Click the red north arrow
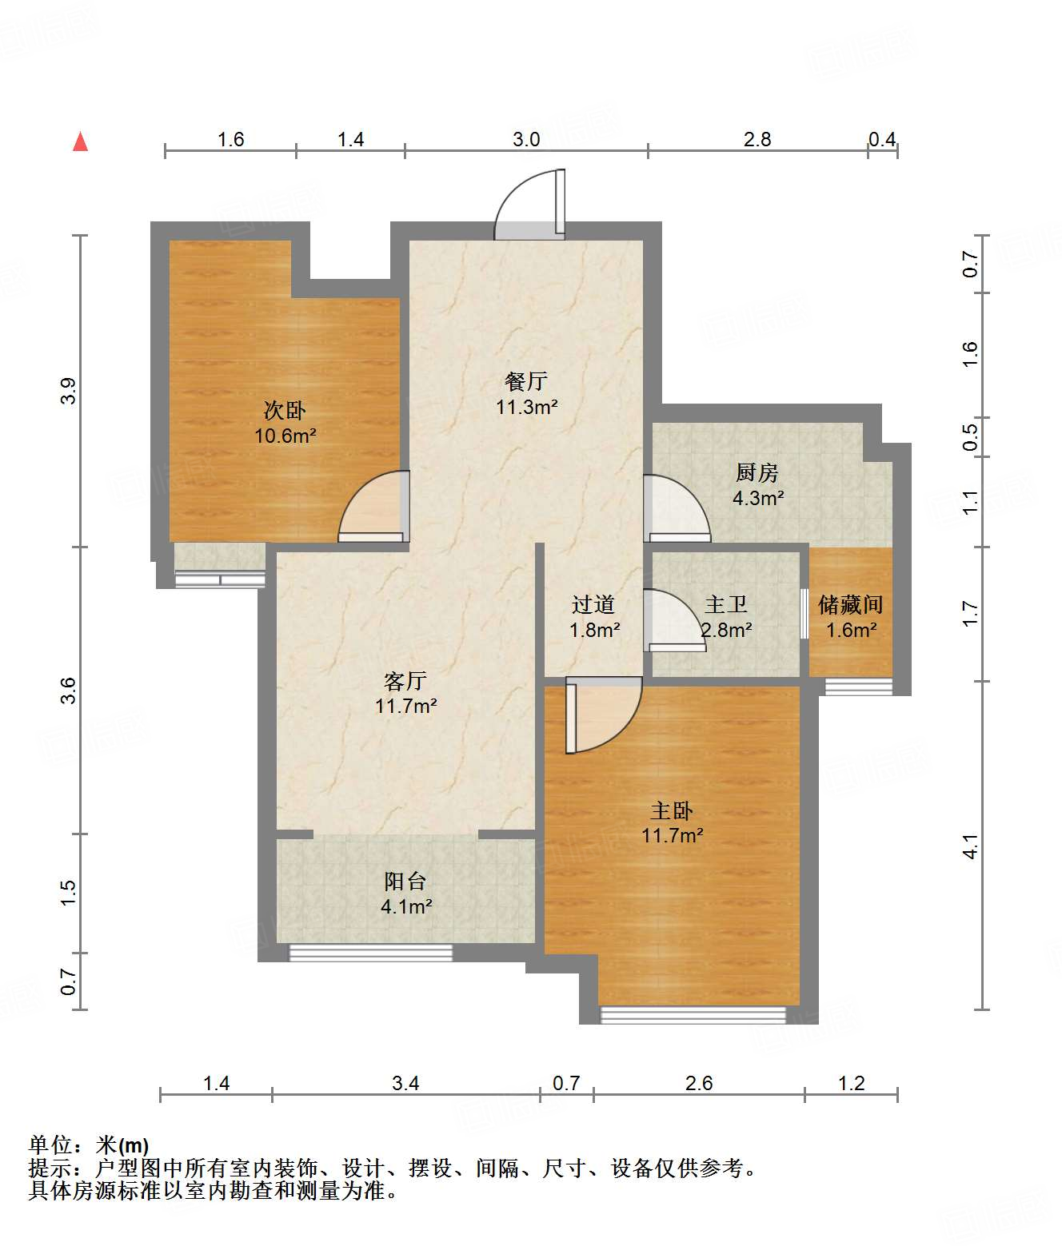(80, 141)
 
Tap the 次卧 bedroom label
(285, 411)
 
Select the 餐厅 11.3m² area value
(526, 407)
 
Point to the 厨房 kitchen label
(757, 472)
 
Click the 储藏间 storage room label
(850, 604)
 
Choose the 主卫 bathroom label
(726, 604)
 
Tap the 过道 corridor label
(593, 604)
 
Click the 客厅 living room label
(405, 681)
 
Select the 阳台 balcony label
(405, 882)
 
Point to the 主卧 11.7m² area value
(672, 835)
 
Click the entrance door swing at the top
(529, 204)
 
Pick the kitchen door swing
(677, 508)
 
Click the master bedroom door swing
(604, 715)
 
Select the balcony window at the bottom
(371, 953)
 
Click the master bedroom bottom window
(693, 1015)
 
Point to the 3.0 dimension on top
(526, 140)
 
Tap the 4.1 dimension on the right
(970, 846)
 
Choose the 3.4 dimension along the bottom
(405, 1084)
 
